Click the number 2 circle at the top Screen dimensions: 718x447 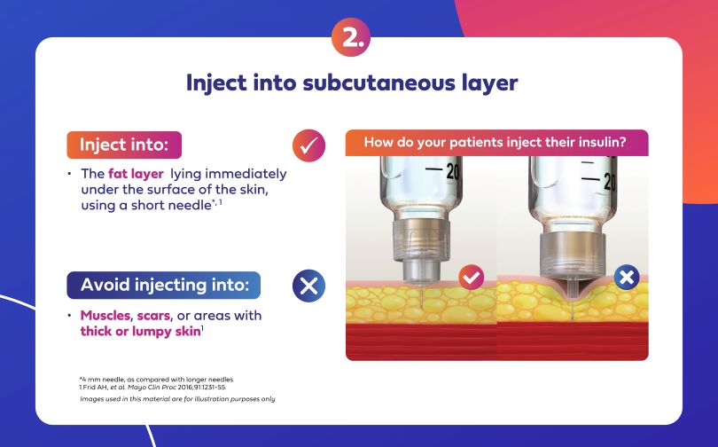pos(351,37)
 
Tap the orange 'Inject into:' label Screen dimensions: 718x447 pos(124,145)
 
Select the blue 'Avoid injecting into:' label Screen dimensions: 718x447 pos(164,285)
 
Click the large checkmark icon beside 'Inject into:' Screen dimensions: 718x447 pos(308,145)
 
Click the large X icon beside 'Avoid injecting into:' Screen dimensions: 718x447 pos(308,286)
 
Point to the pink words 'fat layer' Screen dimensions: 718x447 pos(136,174)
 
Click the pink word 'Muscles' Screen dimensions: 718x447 pos(105,316)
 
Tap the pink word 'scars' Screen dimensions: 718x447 pos(153,316)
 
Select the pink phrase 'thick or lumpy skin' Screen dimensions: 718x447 pos(141,331)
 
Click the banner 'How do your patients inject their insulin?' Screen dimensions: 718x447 pos(496,143)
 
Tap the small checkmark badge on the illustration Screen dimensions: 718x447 pos(472,277)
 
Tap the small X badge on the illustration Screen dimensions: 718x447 pos(627,277)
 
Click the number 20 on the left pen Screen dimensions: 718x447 pos(453,172)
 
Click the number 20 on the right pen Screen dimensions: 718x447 pos(610,183)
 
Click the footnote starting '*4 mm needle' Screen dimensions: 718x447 pos(157,380)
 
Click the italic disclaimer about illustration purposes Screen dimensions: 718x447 pos(177,399)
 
